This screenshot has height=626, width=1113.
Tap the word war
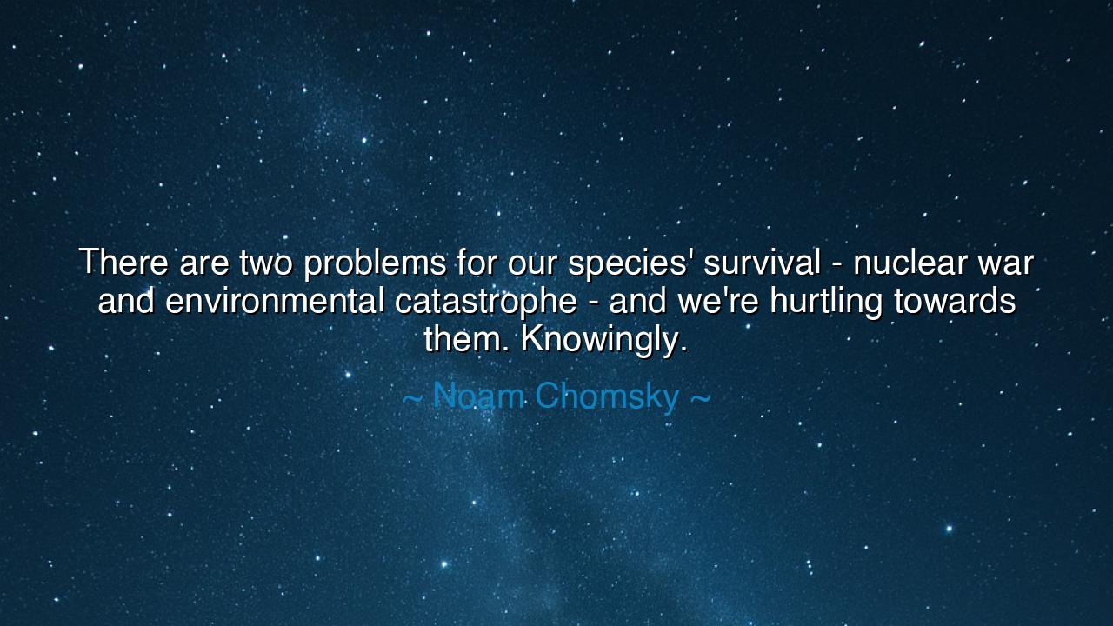pos(1005,263)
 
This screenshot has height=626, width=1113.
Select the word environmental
pos(275,301)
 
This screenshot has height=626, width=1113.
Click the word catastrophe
pos(485,302)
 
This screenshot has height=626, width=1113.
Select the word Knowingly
pos(603,340)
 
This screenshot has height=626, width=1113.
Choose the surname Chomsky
pos(606,397)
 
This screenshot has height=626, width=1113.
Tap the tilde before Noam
pos(413,398)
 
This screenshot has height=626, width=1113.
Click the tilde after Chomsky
pos(699,398)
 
